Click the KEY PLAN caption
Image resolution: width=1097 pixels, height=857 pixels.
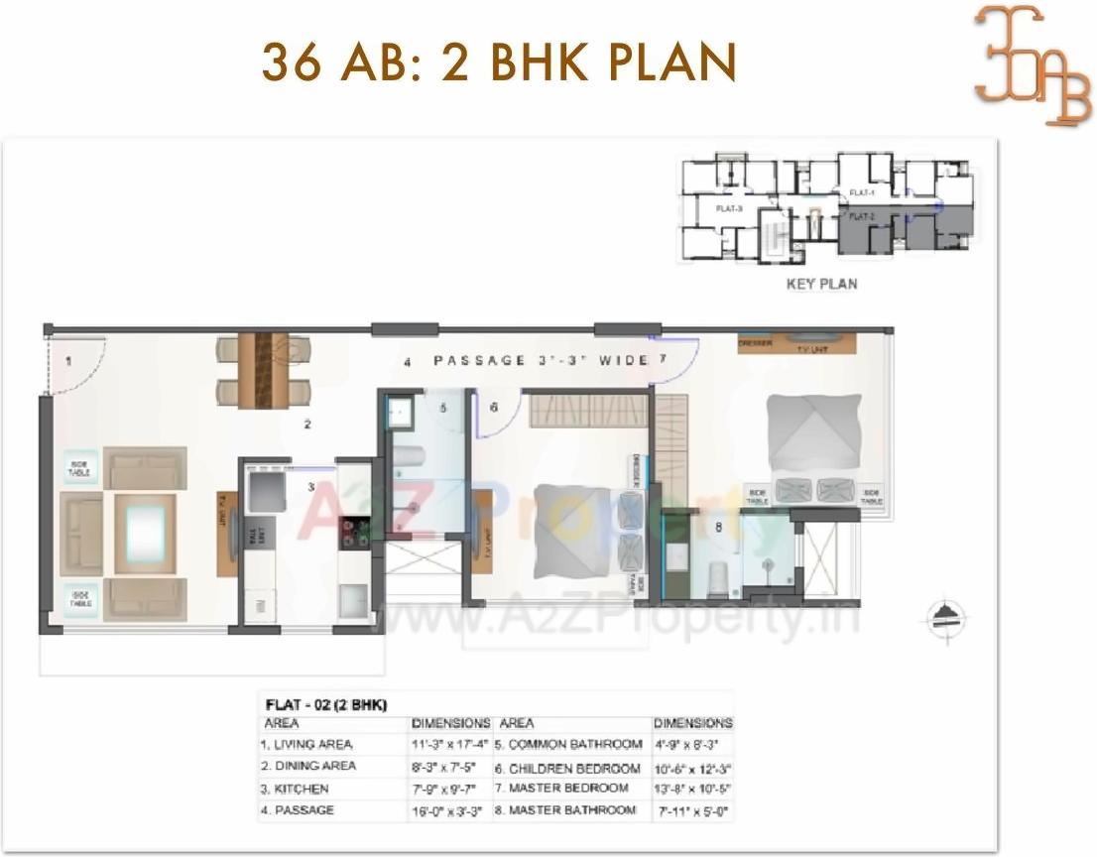coord(821,284)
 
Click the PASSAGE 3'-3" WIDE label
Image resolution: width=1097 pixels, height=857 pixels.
coord(541,360)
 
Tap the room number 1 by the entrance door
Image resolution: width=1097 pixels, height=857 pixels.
coord(68,362)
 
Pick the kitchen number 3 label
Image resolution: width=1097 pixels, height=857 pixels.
coord(310,487)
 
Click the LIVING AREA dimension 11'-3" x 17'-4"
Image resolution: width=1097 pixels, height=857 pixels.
coord(451,744)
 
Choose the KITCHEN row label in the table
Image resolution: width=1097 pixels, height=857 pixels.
coord(281,790)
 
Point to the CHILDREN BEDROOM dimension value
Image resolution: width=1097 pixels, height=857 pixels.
coord(692,768)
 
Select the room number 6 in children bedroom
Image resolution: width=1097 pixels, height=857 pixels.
coord(492,408)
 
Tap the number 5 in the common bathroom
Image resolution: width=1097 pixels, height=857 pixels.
coord(443,408)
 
